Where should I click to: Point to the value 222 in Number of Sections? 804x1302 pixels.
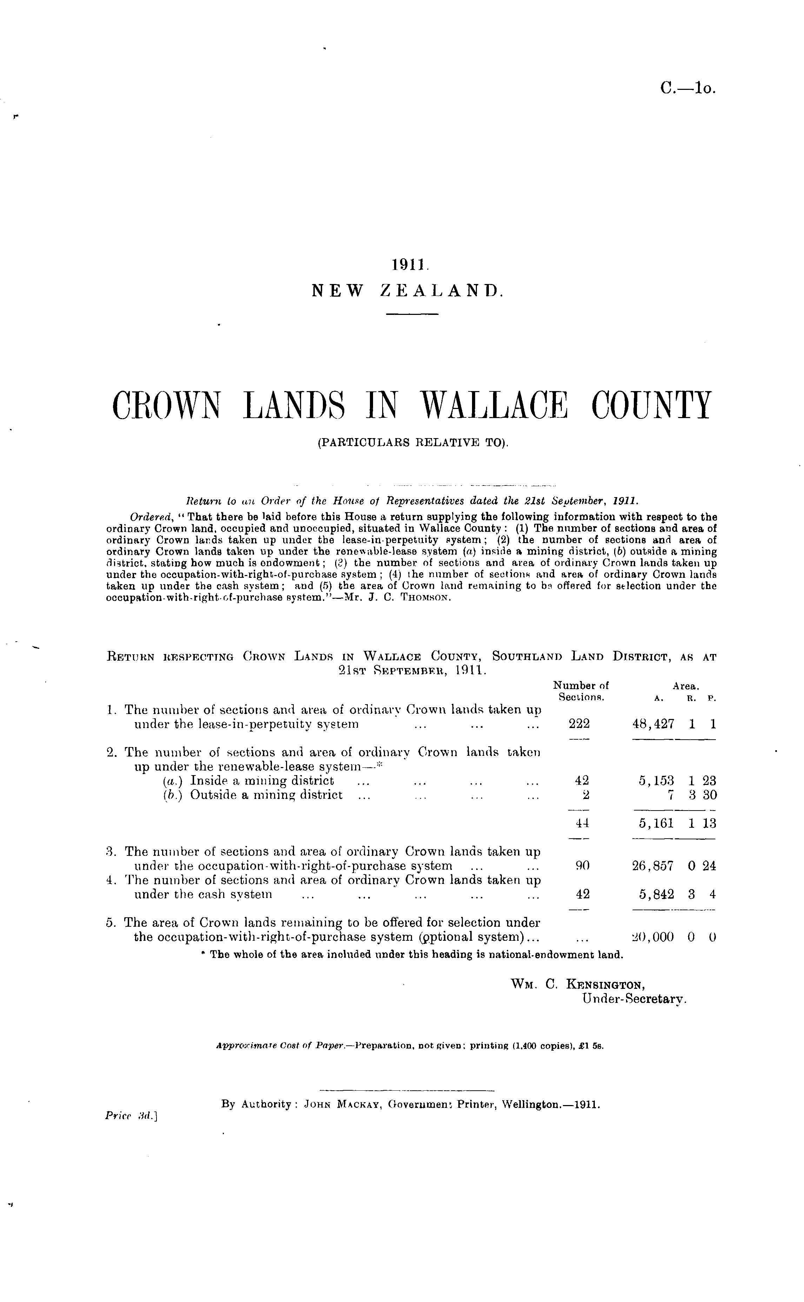[580, 724]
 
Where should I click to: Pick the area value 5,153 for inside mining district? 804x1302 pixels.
[657, 781]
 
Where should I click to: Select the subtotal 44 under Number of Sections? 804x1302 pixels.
[582, 823]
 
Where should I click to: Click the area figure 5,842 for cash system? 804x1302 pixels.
[657, 894]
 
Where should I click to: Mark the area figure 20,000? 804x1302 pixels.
[653, 937]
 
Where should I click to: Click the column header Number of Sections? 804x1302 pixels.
[581, 691]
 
